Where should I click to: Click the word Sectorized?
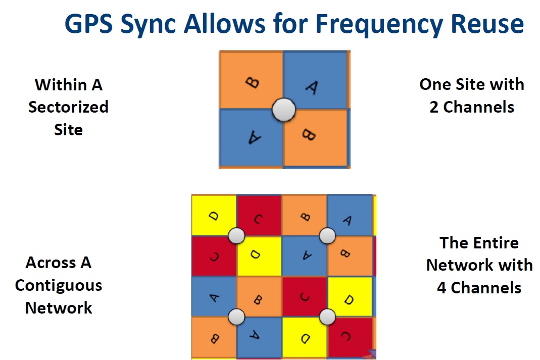68,107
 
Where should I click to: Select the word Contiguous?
59,285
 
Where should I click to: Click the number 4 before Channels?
441,287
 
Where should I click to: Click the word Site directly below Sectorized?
68,130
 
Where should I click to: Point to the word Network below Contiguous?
59,307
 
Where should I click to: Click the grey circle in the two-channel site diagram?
283,110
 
